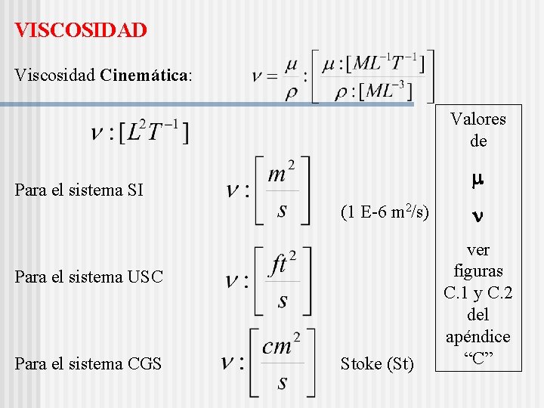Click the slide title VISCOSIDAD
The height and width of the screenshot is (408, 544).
point(81,30)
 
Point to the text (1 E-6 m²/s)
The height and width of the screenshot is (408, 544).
point(385,212)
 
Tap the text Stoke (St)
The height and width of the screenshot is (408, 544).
point(377,364)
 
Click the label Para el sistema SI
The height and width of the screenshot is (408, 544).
point(79,190)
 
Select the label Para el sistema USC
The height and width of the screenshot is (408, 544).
point(89,277)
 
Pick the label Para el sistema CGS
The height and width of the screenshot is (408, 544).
point(88,364)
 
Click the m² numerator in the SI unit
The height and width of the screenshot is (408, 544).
point(282,174)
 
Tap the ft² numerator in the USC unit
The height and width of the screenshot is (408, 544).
point(283,264)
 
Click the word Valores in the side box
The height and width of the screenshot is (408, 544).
point(478,119)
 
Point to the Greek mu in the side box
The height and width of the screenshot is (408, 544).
point(478,181)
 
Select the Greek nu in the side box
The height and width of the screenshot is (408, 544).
point(478,216)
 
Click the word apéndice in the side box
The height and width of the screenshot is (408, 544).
point(478,336)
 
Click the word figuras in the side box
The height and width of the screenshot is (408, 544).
point(478,270)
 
